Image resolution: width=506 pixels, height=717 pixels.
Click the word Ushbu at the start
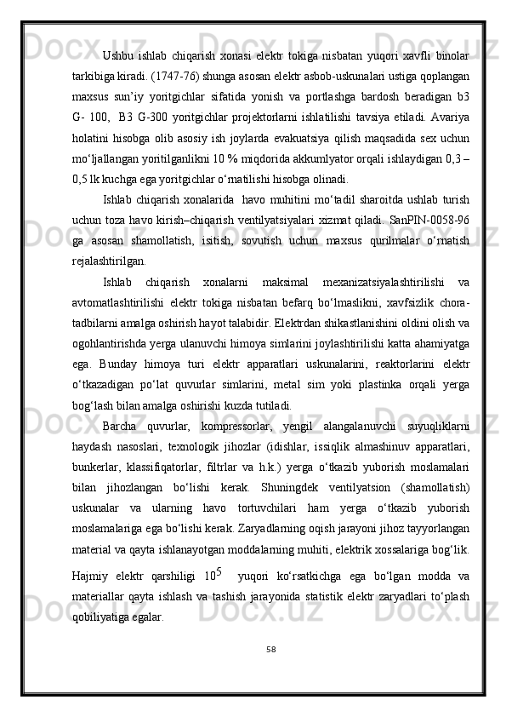[x=117, y=57]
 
